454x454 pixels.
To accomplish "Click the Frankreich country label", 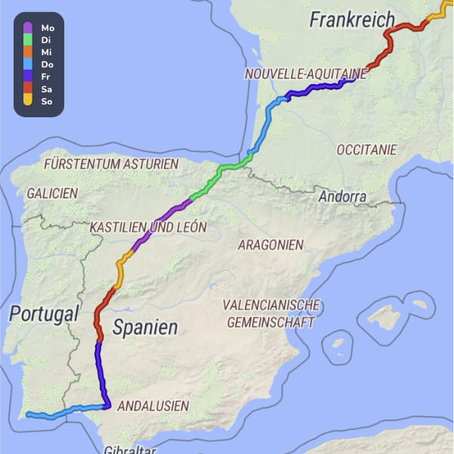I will click(352, 20).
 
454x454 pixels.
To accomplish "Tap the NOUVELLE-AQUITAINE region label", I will click(305, 74).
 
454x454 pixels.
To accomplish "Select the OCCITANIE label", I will click(366, 150).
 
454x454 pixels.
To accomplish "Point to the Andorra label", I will click(342, 197).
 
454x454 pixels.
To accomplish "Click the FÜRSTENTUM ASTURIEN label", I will click(111, 163).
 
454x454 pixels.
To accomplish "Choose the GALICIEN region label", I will click(52, 193).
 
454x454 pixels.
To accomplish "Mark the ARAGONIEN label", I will click(270, 244).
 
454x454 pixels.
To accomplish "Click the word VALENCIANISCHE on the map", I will click(271, 305).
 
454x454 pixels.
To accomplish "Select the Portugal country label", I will click(44, 314).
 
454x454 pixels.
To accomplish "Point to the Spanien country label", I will click(145, 328).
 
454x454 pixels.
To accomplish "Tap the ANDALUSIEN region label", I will click(153, 406).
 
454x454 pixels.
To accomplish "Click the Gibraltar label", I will click(130, 449).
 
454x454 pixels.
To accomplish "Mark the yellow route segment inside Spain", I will click(122, 263).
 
